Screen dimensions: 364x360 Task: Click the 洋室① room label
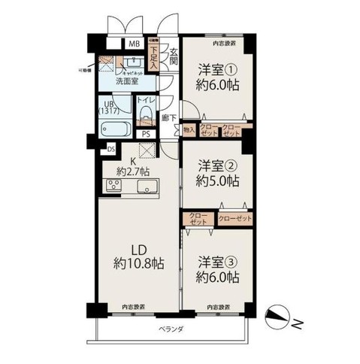coord(214,68)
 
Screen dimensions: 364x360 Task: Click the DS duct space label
coord(111,149)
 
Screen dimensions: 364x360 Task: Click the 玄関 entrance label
coord(172,57)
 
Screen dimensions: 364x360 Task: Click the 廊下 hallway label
coord(171,117)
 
